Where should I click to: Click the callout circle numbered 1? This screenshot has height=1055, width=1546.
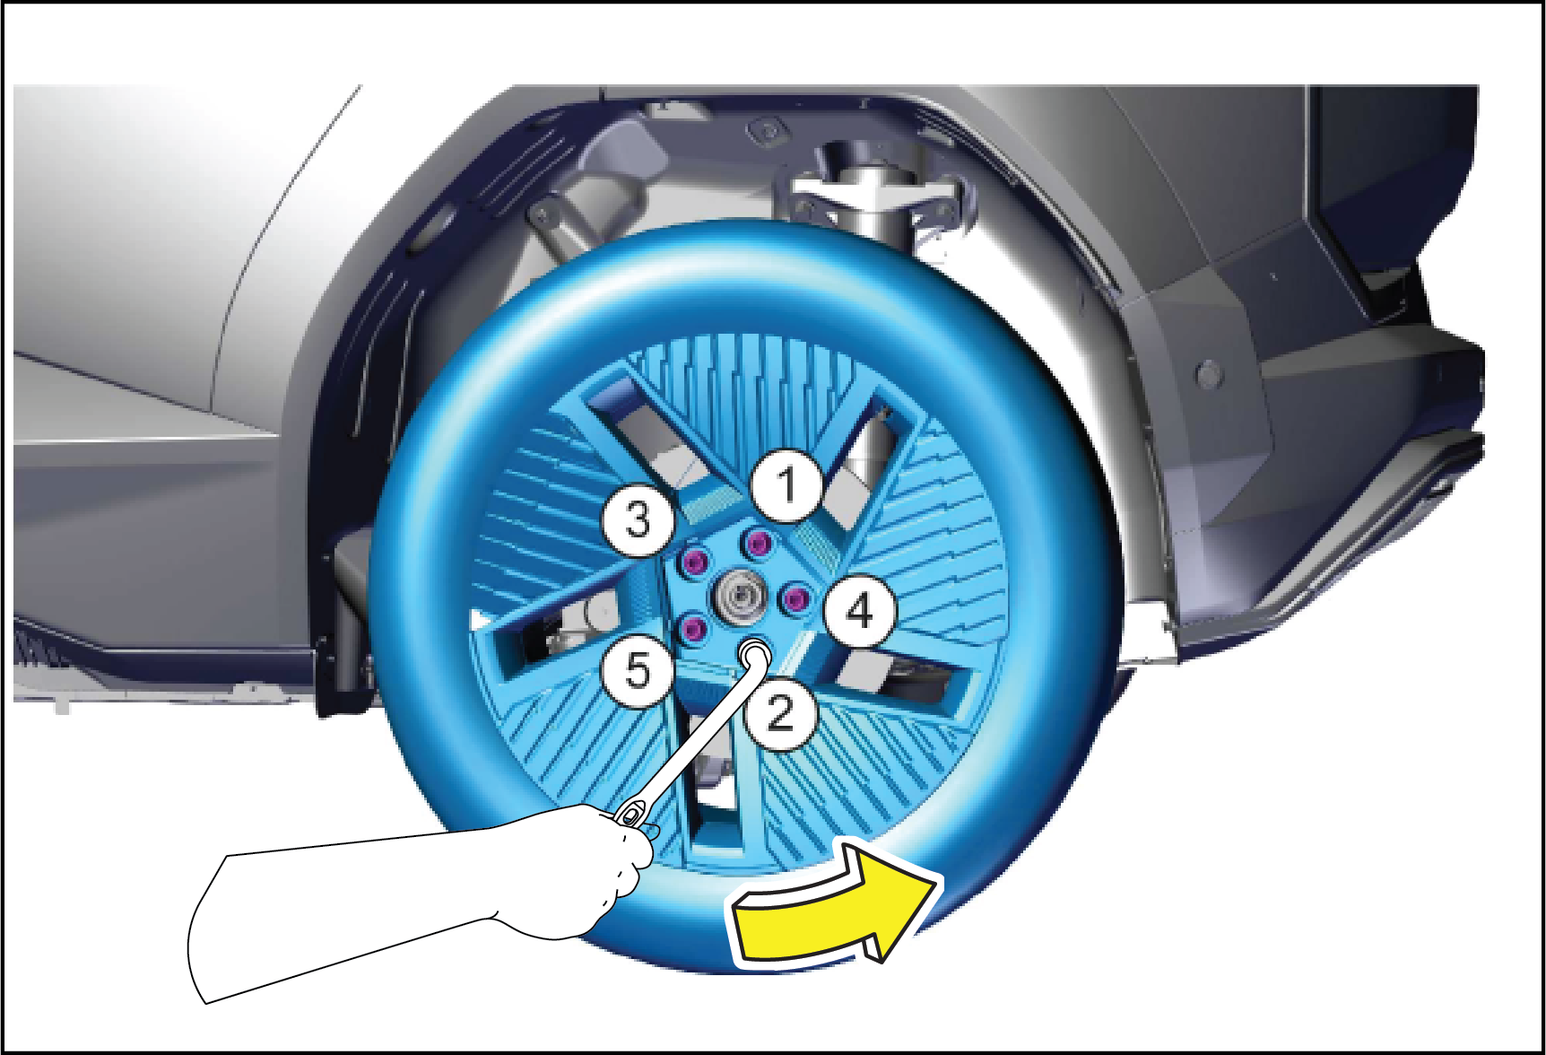[787, 485]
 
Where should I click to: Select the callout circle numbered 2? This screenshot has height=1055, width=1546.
[781, 714]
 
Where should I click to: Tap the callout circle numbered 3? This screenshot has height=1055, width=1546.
[638, 519]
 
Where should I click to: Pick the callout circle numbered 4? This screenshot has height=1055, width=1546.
[860, 612]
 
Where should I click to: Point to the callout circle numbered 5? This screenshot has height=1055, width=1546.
[638, 670]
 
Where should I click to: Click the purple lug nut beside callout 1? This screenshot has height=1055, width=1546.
[760, 543]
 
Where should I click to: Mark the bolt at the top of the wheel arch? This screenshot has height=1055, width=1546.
[768, 131]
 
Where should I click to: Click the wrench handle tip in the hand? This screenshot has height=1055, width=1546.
[631, 814]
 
